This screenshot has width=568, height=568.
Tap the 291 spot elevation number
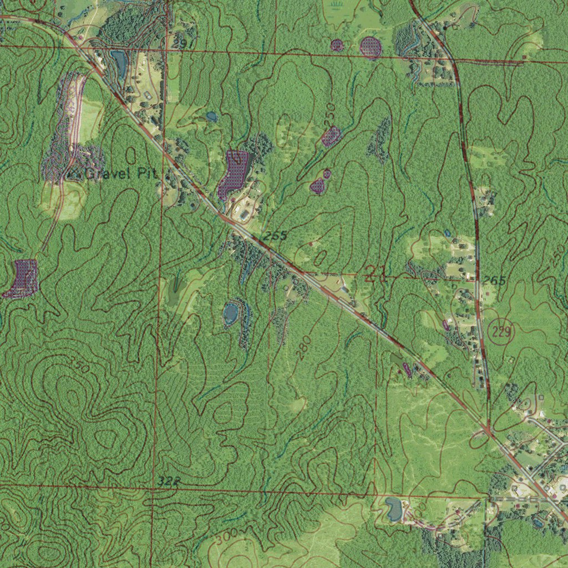[182, 43]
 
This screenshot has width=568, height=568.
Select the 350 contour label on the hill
[80, 365]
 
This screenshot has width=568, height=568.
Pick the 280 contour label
[304, 347]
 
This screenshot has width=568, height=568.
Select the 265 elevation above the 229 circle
[494, 281]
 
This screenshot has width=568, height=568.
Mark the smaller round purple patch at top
[337, 45]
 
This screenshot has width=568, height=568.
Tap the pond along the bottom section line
[393, 508]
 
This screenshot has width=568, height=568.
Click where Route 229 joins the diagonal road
[486, 430]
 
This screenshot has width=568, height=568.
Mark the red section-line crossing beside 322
[154, 488]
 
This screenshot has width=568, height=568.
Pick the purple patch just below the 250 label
[331, 136]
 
